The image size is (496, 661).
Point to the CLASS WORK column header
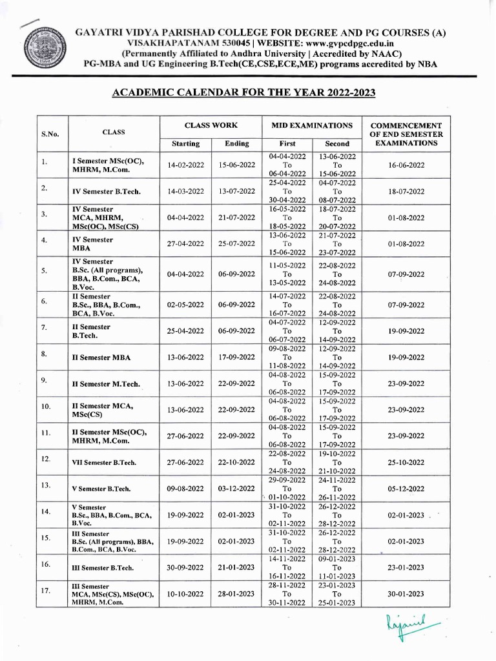point(211,125)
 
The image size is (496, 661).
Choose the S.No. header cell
point(50,134)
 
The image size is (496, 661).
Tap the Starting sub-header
point(185,143)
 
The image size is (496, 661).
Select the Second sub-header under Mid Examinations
point(336,143)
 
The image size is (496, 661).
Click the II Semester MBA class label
point(101,357)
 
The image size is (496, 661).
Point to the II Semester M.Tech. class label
point(105,384)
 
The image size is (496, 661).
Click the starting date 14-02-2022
point(185,165)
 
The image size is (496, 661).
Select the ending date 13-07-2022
point(236,192)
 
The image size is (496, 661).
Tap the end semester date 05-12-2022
point(406,489)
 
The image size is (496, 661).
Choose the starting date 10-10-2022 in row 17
point(185,593)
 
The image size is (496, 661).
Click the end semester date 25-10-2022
point(406,463)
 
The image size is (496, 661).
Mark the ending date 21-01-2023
point(236,567)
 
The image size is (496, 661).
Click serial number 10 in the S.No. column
point(46,407)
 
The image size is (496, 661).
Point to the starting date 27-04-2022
point(185,244)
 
